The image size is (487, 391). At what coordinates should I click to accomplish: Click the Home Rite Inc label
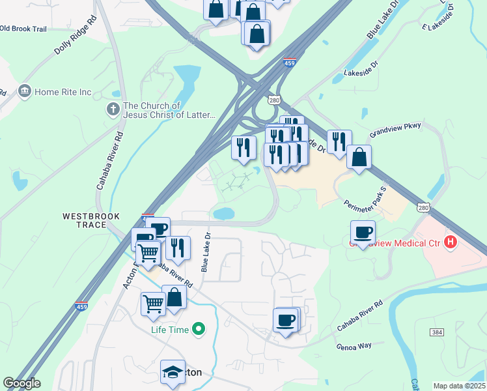point(63,92)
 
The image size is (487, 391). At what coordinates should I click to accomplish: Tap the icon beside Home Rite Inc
point(25,90)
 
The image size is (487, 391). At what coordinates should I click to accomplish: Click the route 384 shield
point(438,332)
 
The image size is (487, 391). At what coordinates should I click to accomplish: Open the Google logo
point(21,383)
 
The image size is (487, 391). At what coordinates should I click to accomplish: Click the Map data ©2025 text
point(459,386)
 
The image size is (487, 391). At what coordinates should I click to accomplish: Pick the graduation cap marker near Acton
point(173,372)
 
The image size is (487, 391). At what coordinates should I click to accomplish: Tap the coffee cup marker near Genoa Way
point(286,321)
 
